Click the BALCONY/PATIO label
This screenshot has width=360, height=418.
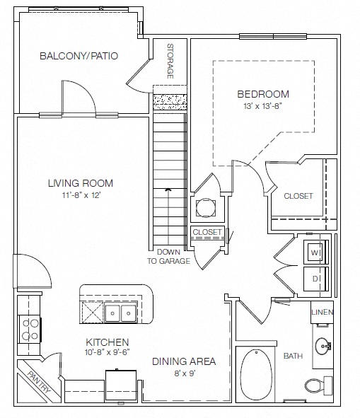(79, 56)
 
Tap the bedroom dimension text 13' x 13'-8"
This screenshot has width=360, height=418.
(262, 106)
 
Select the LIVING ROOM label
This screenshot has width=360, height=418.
(81, 183)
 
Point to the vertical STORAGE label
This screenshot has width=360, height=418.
(170, 62)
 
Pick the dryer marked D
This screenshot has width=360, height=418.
(316, 279)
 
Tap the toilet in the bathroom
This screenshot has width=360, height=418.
(319, 385)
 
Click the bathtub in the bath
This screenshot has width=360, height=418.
(256, 375)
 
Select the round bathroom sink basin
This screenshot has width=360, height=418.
(323, 347)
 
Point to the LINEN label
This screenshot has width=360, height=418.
(322, 312)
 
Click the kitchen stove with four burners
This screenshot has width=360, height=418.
(29, 329)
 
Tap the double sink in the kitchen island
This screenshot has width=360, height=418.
(120, 313)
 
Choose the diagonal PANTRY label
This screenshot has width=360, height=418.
(39, 382)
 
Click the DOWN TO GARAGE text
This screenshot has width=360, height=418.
(169, 257)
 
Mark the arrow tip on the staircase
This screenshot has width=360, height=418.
(168, 189)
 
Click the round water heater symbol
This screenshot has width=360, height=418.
(206, 207)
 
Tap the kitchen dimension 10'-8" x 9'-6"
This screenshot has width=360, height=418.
(108, 352)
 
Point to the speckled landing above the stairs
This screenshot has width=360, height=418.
(170, 102)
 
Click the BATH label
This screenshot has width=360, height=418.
(293, 356)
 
